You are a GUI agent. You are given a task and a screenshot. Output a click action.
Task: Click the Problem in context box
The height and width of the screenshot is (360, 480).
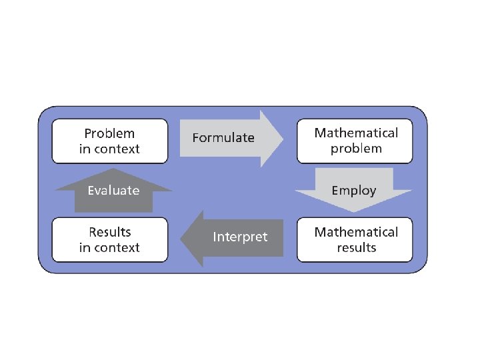[109, 141]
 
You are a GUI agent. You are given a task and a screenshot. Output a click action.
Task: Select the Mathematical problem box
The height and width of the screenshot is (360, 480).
[356, 141]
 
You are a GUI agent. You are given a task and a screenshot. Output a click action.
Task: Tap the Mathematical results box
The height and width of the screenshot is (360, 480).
[356, 239]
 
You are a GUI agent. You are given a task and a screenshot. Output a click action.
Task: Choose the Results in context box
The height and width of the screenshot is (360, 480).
[109, 239]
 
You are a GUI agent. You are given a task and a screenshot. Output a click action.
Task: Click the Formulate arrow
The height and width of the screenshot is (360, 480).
[230, 138]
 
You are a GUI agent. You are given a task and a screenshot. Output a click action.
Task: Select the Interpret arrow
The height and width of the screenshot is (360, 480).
[233, 237]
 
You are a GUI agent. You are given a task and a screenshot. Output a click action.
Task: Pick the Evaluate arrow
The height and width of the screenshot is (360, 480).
[113, 193]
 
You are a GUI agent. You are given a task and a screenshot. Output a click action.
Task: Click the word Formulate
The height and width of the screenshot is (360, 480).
[223, 138]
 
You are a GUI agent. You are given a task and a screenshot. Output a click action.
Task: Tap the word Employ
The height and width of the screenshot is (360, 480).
[353, 191]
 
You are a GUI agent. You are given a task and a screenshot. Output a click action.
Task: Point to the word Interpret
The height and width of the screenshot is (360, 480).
[240, 237]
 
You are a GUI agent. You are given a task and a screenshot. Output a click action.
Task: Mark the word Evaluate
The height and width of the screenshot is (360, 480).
[113, 191]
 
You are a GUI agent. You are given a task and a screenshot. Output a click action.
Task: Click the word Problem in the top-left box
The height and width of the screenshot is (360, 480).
[109, 133]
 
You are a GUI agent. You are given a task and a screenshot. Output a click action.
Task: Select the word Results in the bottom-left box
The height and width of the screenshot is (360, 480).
[109, 232]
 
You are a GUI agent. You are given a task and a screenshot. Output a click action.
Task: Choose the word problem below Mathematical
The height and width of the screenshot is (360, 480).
[356, 149]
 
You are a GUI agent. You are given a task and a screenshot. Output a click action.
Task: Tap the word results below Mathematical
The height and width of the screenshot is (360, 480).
[356, 247]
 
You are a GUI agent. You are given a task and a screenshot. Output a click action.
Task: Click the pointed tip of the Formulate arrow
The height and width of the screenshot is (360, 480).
[283, 138]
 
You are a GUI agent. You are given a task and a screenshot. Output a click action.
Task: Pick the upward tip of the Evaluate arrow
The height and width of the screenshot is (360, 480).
[113, 169]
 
